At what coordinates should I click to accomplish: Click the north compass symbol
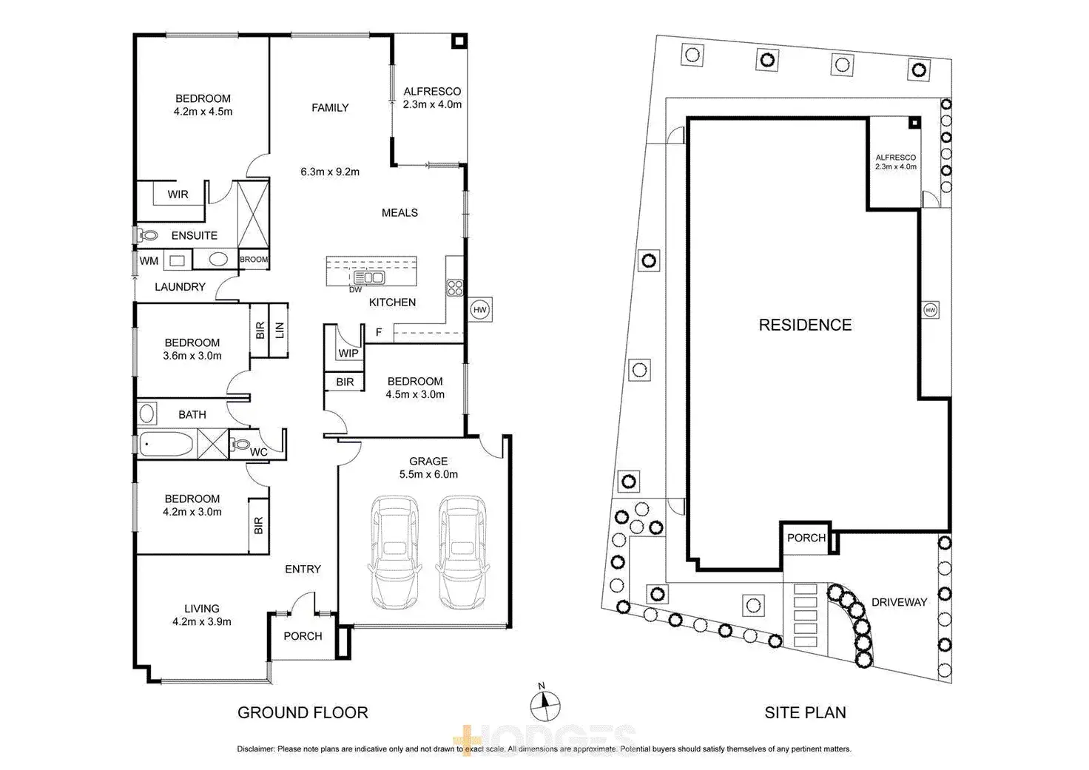pos(544,706)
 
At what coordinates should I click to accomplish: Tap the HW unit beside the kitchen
pos(480,310)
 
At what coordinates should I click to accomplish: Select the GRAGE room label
pos(428,461)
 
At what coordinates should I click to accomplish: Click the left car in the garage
pos(394,553)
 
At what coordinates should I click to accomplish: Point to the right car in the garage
pos(462,553)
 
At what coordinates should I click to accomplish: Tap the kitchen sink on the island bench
pos(369,277)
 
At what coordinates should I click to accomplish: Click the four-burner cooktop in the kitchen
pos(455,288)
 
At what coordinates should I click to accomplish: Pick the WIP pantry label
pos(348,354)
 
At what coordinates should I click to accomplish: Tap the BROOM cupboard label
pos(254,260)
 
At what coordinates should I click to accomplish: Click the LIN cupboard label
pos(279,331)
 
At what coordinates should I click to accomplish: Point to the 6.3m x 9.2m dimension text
pos(330,172)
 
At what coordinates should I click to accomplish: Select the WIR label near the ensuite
pos(178,195)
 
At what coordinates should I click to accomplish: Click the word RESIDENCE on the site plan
pos(805,325)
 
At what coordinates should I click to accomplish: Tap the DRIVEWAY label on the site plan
pos(900,602)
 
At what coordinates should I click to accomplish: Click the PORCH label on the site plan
pos(806,538)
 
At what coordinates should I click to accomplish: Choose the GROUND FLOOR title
pos(303,712)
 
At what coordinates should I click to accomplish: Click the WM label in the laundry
pos(149,261)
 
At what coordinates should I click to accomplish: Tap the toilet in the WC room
pos(240,444)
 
